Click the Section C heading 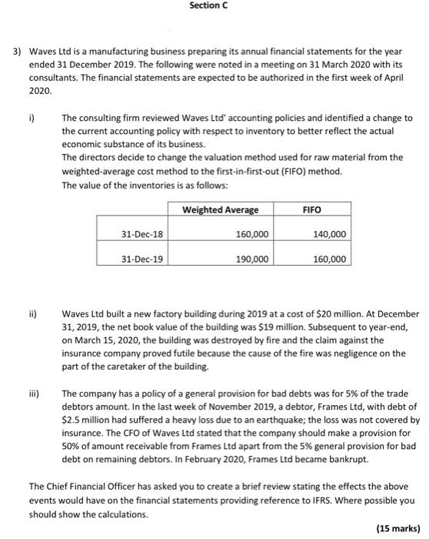coord(209,7)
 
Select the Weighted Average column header coord(221,209)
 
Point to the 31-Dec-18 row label coord(142,234)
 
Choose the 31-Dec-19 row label coord(142,259)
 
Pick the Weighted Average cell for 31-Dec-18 coord(251,234)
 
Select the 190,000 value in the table coord(251,259)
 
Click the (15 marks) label coord(398,528)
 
